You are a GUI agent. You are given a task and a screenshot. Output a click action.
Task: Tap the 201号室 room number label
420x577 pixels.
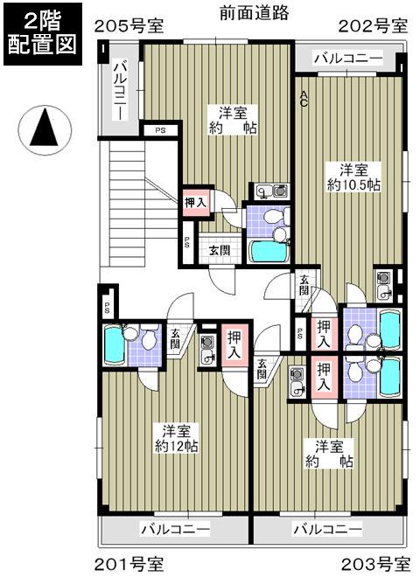pyautogui.click(x=128, y=561)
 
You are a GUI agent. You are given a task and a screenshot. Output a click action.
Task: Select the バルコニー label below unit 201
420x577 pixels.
pyautogui.click(x=175, y=530)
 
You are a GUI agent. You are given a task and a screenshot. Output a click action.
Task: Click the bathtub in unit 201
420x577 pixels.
pyautogui.click(x=114, y=346)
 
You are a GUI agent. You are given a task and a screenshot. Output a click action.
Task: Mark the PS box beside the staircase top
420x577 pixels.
pyautogui.click(x=160, y=130)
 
